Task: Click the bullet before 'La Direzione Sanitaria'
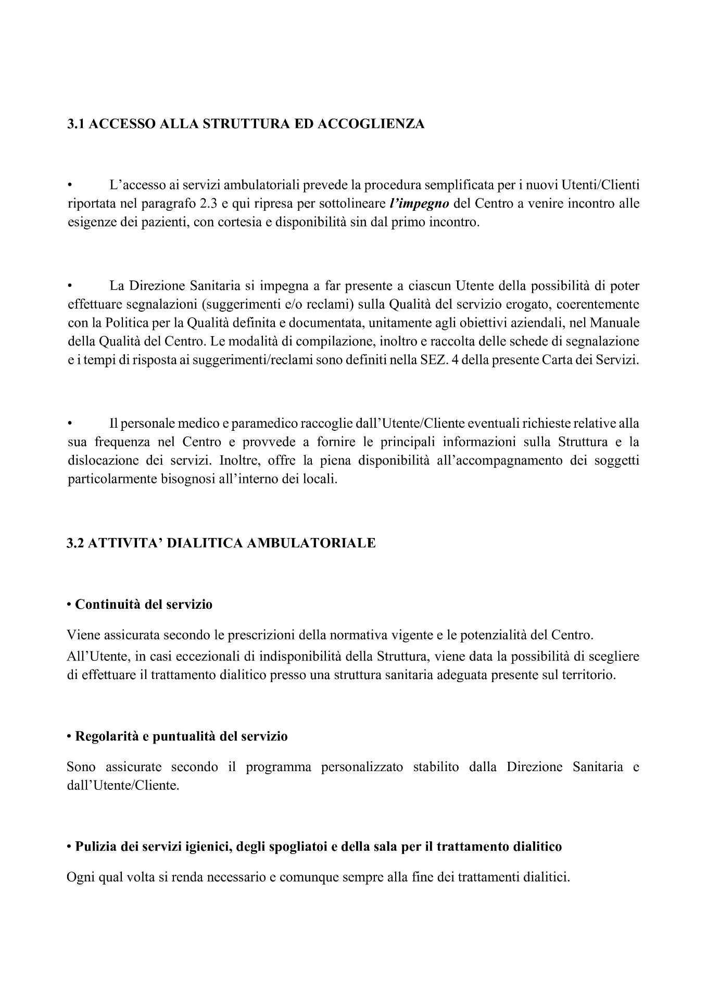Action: click(70, 286)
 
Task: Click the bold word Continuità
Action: click(107, 605)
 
